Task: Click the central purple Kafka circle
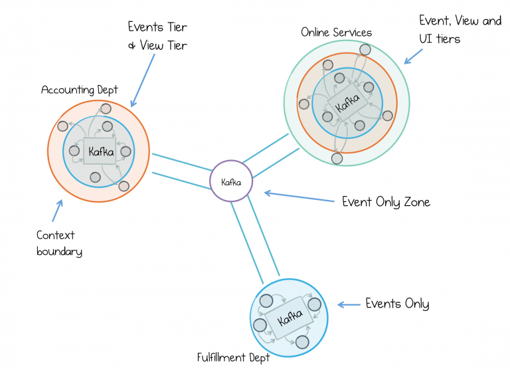tap(231, 181)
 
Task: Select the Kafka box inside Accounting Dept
tap(100, 151)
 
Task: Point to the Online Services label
tap(336, 32)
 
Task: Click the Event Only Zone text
tap(385, 201)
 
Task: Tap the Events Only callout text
tap(397, 304)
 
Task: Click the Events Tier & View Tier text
tap(157, 36)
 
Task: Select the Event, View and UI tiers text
tap(460, 29)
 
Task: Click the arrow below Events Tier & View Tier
tap(143, 80)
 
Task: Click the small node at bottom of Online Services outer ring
tap(337, 158)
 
